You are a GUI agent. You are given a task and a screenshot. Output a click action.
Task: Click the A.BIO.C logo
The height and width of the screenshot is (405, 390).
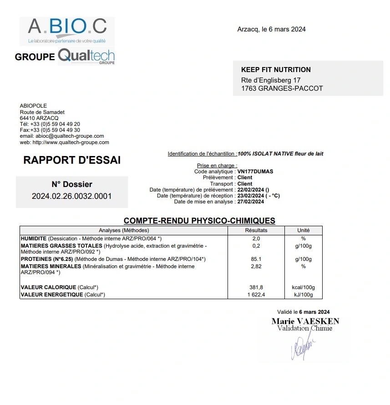67,31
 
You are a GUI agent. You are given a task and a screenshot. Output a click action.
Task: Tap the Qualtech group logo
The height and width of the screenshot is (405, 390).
86,57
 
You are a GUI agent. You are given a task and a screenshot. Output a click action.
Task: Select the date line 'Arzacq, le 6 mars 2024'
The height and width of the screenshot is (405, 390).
271,30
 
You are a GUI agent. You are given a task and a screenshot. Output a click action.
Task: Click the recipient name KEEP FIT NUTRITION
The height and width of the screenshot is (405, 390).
276,70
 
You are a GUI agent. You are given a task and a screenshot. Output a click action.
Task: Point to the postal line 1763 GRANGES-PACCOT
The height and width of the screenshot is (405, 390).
282,88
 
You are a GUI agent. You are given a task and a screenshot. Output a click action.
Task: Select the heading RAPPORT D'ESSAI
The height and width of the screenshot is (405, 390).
72,161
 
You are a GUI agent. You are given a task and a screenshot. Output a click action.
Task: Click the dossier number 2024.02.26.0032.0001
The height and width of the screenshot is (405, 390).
72,196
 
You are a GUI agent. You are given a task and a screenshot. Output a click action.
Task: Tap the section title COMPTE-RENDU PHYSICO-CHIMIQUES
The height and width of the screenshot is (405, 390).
199,221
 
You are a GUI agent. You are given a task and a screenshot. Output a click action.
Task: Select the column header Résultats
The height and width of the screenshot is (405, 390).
256,230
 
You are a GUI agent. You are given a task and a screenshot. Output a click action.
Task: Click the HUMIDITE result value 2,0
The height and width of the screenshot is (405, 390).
256,239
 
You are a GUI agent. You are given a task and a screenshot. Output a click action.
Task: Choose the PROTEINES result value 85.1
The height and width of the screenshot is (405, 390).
256,259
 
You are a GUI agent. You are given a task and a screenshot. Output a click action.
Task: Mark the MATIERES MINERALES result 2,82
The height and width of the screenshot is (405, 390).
256,266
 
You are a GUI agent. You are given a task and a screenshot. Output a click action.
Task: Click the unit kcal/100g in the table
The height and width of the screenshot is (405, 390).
303,287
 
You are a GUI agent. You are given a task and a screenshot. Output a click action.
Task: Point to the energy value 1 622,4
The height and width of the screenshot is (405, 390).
256,295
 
